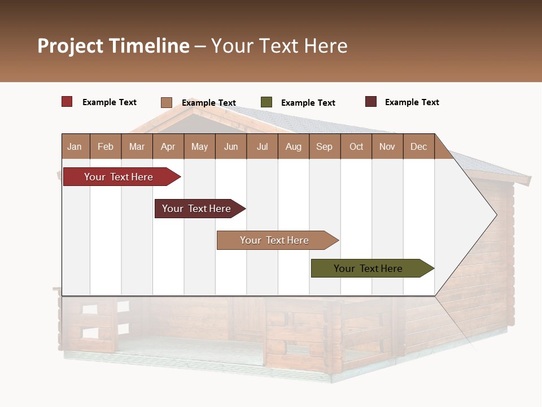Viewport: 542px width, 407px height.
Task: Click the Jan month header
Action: [75, 146]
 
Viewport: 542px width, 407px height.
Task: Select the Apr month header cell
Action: [168, 146]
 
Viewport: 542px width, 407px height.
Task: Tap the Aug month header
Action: [293, 146]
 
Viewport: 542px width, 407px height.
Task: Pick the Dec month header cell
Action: [418, 146]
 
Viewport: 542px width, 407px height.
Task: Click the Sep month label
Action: [324, 146]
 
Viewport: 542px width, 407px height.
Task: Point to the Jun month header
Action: [230, 146]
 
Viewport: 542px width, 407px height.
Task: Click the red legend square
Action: [67, 102]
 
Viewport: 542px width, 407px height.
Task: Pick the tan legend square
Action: [166, 102]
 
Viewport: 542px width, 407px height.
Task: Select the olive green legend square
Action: [266, 102]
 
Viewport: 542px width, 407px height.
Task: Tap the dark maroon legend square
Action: [370, 102]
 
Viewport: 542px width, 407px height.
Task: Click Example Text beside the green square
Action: [308, 103]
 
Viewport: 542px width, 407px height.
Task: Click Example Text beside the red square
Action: [109, 102]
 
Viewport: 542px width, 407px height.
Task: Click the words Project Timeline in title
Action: [113, 46]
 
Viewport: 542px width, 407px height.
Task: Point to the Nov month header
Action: [387, 146]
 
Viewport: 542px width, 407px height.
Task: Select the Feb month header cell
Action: [106, 146]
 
